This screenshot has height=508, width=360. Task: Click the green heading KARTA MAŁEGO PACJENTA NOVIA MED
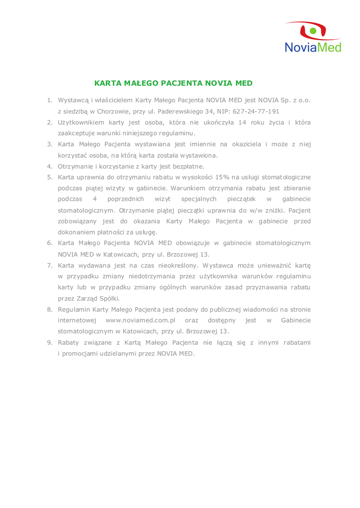click(x=173, y=83)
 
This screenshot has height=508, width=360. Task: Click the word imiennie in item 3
click(x=197, y=144)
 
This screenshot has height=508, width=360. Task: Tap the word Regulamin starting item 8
click(x=75, y=309)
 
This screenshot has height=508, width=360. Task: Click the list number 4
click(x=50, y=166)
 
